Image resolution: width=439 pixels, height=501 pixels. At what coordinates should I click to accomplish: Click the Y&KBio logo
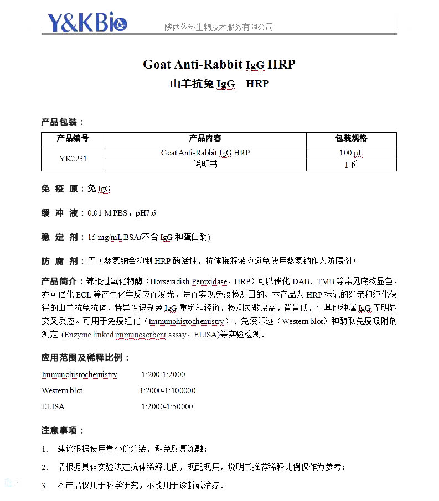[x=87, y=22]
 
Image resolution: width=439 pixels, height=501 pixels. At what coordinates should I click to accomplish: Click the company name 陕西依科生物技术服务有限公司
[x=219, y=27]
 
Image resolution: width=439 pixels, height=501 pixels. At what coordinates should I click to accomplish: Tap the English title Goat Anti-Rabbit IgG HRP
[x=219, y=64]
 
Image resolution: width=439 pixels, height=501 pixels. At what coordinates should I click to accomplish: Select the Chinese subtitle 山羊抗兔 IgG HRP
[x=219, y=84]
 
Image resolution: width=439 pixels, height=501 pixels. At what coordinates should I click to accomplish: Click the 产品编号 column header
[x=73, y=138]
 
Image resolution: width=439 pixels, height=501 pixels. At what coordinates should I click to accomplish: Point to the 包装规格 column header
[x=351, y=138]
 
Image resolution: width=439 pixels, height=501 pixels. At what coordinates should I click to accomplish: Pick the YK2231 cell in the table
[x=73, y=159]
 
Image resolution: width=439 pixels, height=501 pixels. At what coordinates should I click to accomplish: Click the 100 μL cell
[x=351, y=153]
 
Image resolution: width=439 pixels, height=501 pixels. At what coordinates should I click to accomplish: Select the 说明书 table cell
[x=205, y=165]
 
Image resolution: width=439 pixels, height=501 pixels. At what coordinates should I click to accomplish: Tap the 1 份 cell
[x=351, y=165]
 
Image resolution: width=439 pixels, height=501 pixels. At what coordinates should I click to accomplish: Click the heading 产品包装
[x=63, y=122]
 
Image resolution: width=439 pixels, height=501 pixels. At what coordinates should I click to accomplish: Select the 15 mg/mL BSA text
[x=112, y=237]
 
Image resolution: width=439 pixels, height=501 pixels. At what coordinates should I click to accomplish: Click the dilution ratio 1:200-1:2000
[x=163, y=374]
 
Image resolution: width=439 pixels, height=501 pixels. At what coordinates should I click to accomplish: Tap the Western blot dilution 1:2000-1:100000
[x=167, y=390]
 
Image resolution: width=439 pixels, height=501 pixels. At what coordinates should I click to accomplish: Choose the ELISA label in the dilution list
[x=53, y=406]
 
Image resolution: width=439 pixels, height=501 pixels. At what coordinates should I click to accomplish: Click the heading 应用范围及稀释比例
[x=86, y=358]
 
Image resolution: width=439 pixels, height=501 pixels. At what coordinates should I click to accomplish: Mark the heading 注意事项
[x=63, y=430]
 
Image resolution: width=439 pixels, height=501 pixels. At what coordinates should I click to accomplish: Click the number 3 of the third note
[x=44, y=486]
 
